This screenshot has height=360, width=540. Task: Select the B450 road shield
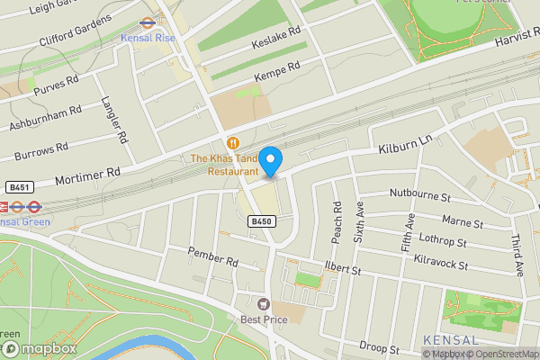click(261, 221)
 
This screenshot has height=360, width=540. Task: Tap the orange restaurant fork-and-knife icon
click(233, 143)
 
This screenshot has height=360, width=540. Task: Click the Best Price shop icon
click(264, 304)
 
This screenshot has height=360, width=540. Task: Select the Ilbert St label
click(342, 268)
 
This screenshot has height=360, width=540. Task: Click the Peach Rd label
click(337, 220)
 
